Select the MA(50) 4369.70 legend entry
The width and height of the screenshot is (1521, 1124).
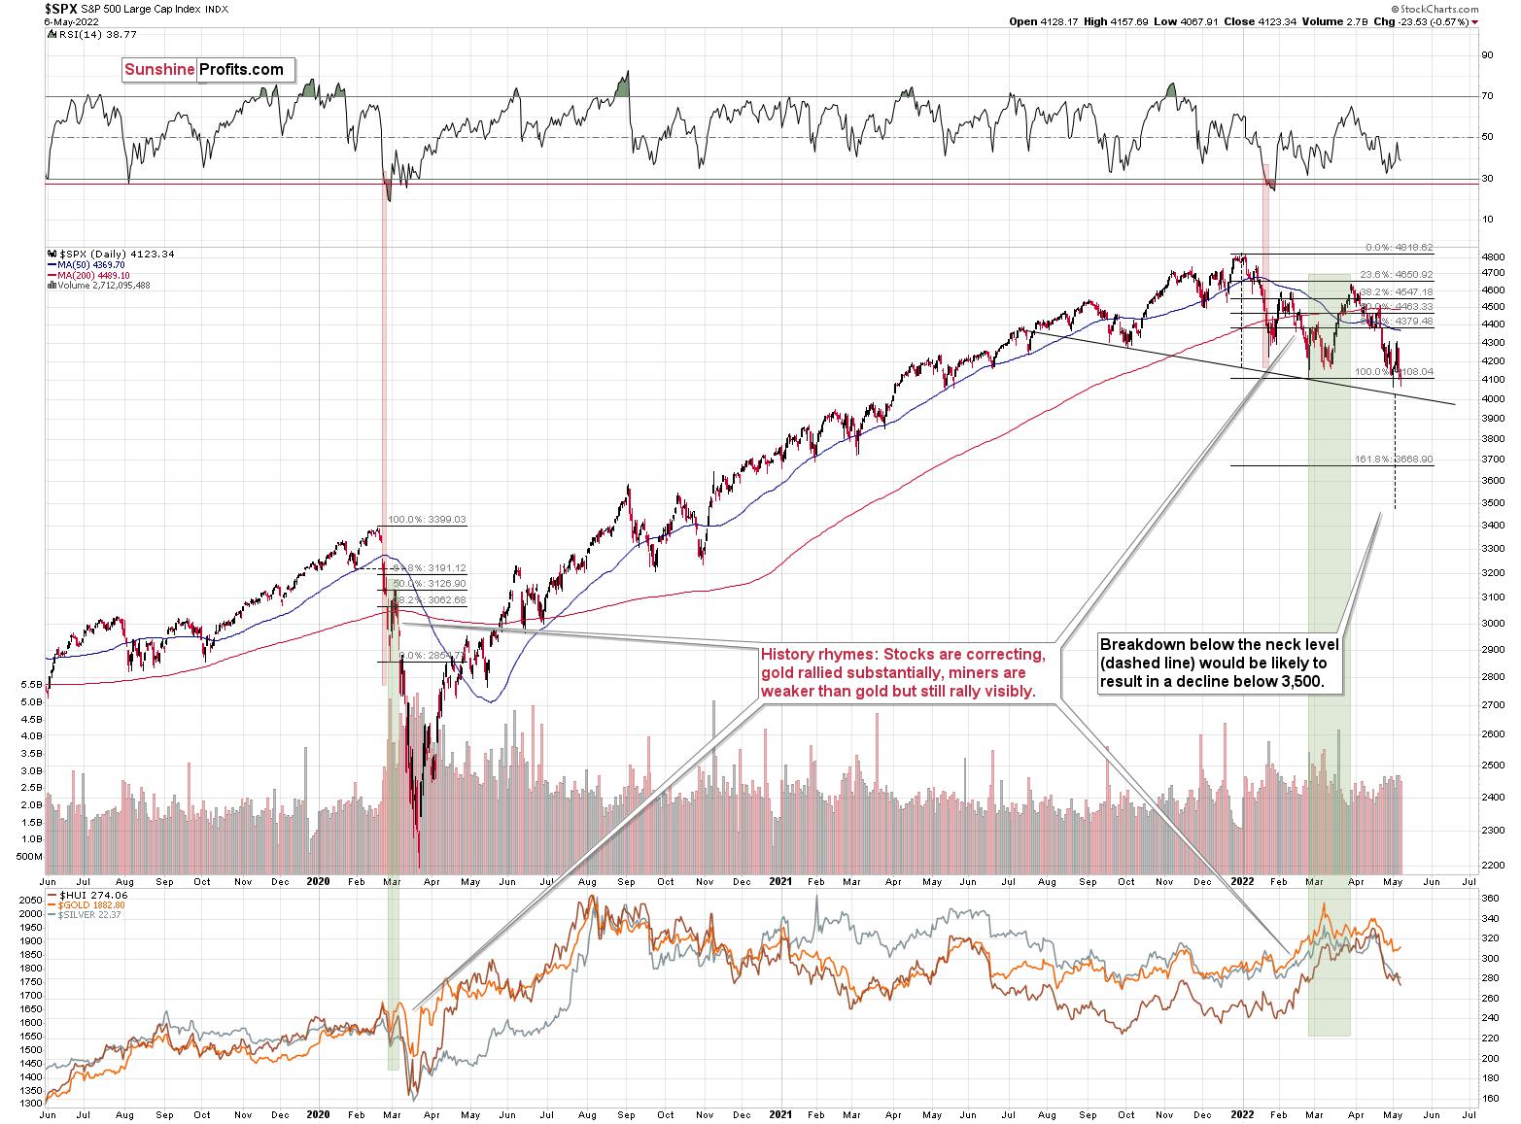click(86, 264)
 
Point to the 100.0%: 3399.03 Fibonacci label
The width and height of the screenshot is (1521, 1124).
click(427, 520)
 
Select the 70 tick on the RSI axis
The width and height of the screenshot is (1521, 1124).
click(1487, 97)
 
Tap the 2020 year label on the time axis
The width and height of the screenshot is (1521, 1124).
click(320, 882)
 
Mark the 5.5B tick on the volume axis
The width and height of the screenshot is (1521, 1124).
click(29, 684)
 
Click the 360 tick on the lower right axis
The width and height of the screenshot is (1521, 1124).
click(1490, 900)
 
